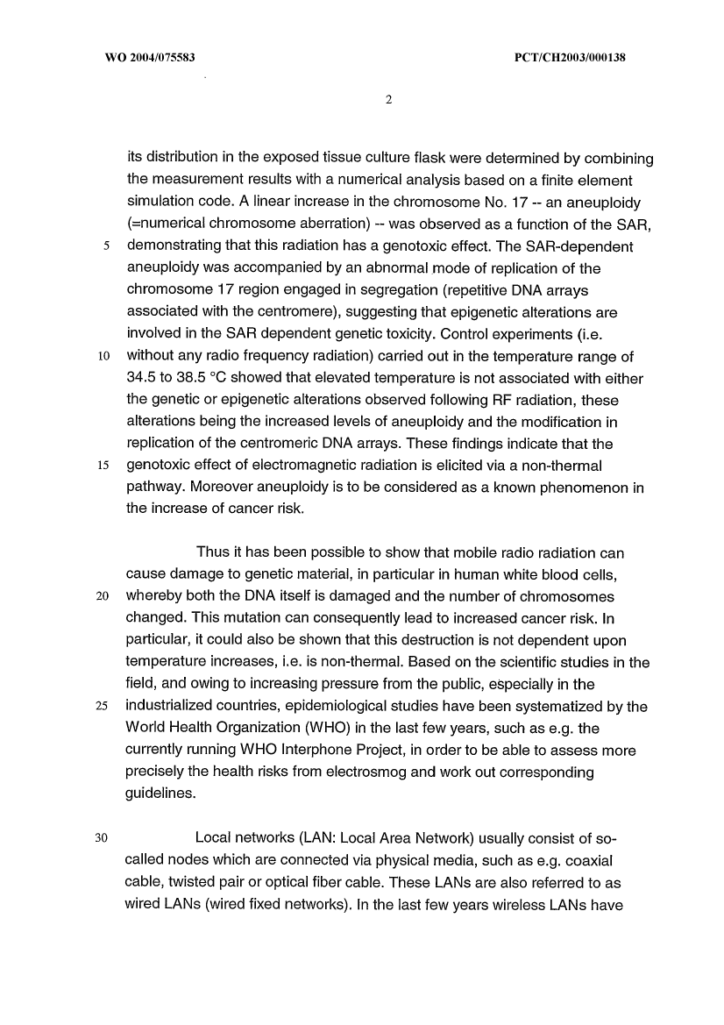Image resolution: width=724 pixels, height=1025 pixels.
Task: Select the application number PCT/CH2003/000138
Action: [x=566, y=59]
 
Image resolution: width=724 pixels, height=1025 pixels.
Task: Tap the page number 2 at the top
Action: [x=387, y=99]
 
